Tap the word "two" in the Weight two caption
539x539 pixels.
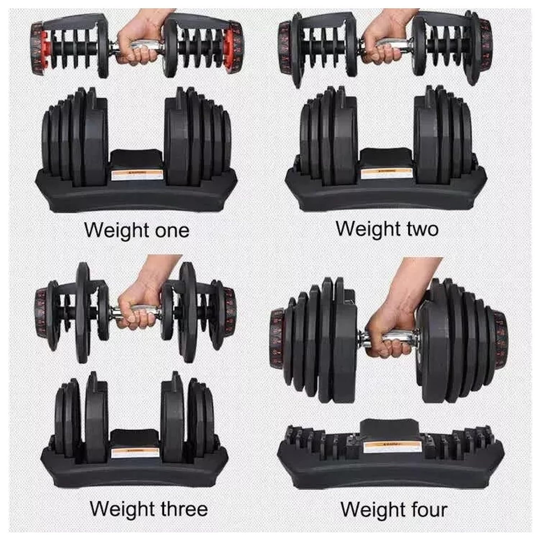pyautogui.click(x=420, y=229)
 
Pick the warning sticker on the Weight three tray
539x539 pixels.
pyautogui.click(x=133, y=451)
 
